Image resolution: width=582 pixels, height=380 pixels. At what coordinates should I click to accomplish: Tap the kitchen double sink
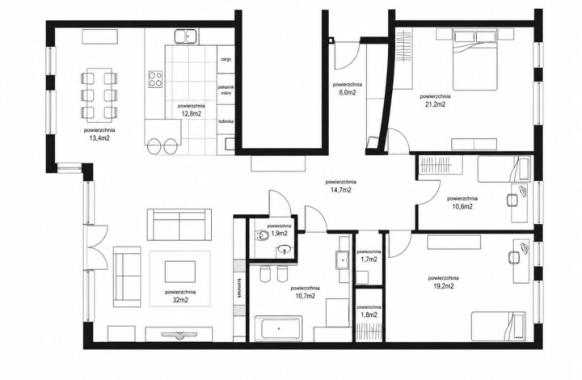187,36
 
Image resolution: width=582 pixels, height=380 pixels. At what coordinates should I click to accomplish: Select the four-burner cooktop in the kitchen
155,79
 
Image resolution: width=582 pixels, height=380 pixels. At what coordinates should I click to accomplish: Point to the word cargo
226,59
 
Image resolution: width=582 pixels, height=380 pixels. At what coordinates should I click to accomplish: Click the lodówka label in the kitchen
226,121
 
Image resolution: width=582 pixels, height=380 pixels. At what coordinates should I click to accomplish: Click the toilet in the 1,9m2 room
263,235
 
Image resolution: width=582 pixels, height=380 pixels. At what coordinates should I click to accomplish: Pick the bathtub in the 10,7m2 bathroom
278,327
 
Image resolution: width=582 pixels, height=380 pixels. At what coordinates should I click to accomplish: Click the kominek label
239,288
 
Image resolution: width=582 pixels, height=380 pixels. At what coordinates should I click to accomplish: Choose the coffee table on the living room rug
180,272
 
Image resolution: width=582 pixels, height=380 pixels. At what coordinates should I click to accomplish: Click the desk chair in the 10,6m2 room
512,201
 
